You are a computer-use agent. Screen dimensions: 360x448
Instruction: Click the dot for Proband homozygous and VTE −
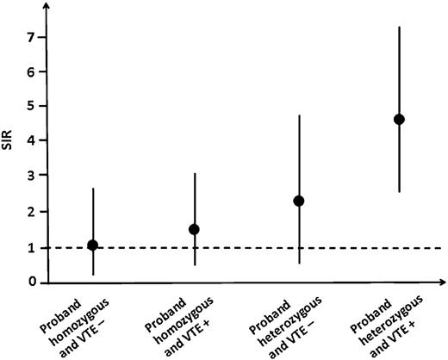pyautogui.click(x=93, y=245)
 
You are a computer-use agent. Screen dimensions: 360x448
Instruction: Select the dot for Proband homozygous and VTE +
pyautogui.click(x=195, y=229)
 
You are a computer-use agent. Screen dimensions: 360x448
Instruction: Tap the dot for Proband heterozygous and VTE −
pyautogui.click(x=299, y=201)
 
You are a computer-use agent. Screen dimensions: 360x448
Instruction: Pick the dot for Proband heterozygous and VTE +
pyautogui.click(x=399, y=119)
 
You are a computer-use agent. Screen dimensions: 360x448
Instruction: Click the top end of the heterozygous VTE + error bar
pyautogui.click(x=399, y=27)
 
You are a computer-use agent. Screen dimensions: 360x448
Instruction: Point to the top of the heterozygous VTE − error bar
pyautogui.click(x=299, y=115)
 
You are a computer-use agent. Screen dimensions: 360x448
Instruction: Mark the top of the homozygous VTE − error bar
pyautogui.click(x=93, y=188)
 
